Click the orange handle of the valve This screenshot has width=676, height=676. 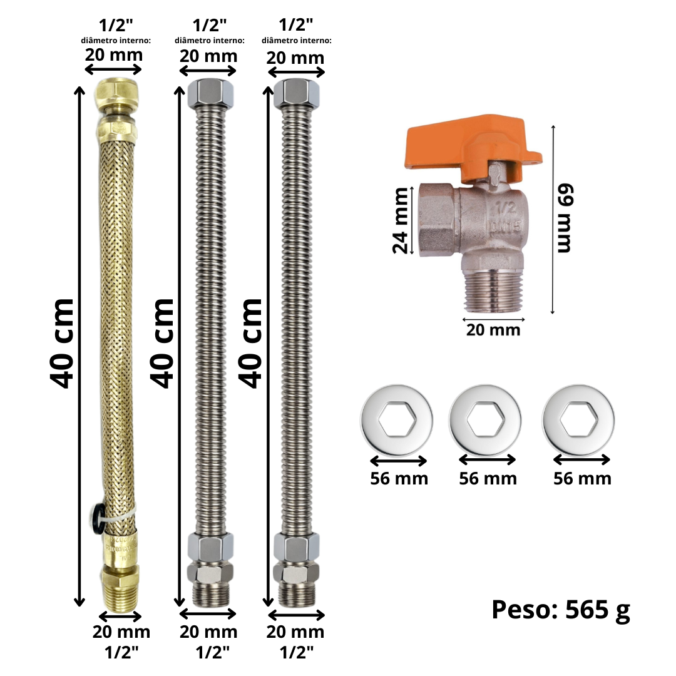pyautogui.click(x=470, y=145)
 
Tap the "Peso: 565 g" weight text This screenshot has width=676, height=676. pyautogui.click(x=561, y=610)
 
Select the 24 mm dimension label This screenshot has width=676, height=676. pyautogui.click(x=401, y=220)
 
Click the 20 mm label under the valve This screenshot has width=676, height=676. pyautogui.click(x=493, y=330)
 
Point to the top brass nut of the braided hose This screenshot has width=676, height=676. pyautogui.click(x=117, y=92)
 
